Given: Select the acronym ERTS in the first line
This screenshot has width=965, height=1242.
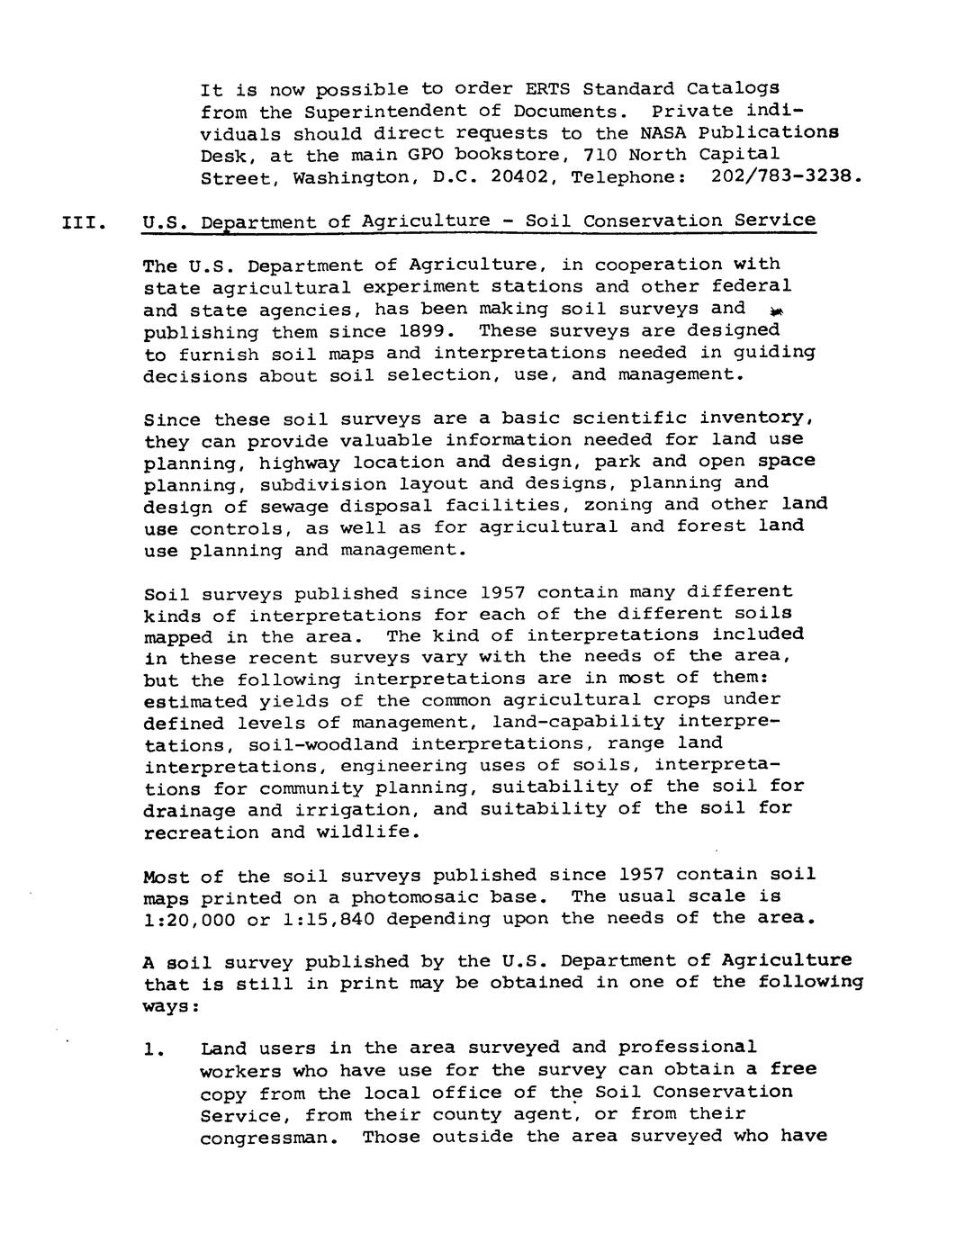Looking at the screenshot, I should pyautogui.click(x=548, y=89).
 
